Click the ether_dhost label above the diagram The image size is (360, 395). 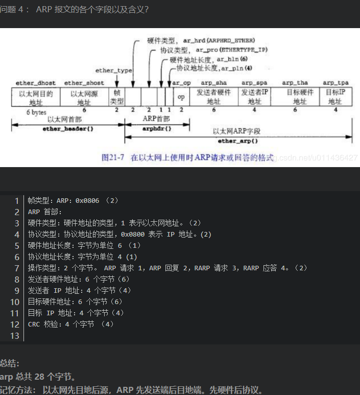point(32,83)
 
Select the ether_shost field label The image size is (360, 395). point(84,83)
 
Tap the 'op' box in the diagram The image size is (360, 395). point(181,97)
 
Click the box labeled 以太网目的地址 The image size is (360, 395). point(35,97)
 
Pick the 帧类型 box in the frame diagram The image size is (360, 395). point(117,97)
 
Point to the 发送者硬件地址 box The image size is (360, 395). point(213,97)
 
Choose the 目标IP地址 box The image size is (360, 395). point(335,97)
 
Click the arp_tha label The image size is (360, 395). point(295,83)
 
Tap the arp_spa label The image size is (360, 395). point(254,83)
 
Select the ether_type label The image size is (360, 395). point(113,71)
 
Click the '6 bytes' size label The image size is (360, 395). point(36,112)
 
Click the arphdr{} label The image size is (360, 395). point(157,129)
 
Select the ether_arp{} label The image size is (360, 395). point(238,140)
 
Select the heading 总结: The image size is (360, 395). point(10,363)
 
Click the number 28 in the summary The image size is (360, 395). point(40,377)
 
